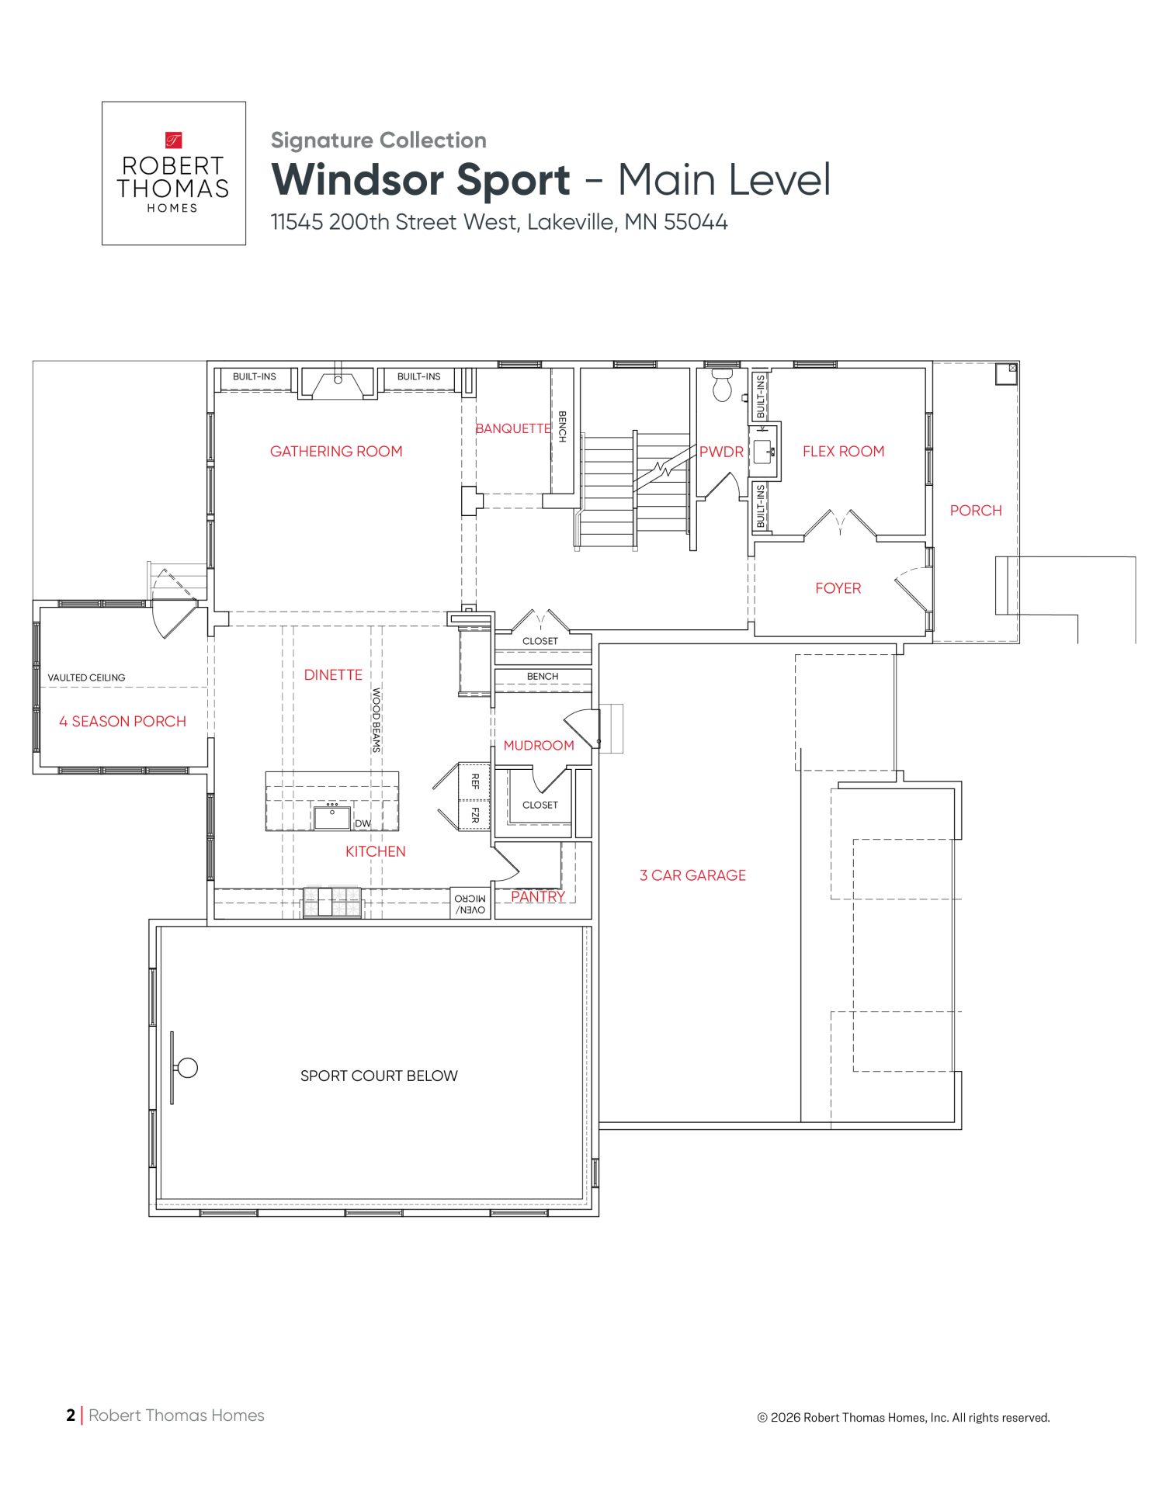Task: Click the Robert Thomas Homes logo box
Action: pyautogui.click(x=174, y=173)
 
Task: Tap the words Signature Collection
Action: pyautogui.click(x=379, y=140)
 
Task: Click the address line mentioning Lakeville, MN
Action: pyautogui.click(x=499, y=222)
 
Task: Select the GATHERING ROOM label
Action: pyautogui.click(x=336, y=451)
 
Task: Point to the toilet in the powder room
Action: pyautogui.click(x=723, y=384)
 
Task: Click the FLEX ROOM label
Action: pyautogui.click(x=843, y=451)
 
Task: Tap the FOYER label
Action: pyautogui.click(x=838, y=588)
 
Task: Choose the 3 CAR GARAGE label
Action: pyautogui.click(x=692, y=875)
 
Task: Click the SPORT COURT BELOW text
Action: pyautogui.click(x=379, y=1076)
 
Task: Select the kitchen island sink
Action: pyautogui.click(x=332, y=818)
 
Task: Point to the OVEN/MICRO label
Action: pyautogui.click(x=470, y=904)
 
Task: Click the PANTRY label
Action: pyautogui.click(x=538, y=896)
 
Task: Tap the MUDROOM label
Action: pyautogui.click(x=539, y=745)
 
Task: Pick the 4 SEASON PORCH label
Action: pyautogui.click(x=123, y=721)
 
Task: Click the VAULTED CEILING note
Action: pyautogui.click(x=86, y=677)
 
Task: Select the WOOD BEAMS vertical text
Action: pyautogui.click(x=376, y=720)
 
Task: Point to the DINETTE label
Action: pyautogui.click(x=333, y=674)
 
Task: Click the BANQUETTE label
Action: pyautogui.click(x=513, y=428)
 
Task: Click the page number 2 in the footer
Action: pyautogui.click(x=71, y=1415)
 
